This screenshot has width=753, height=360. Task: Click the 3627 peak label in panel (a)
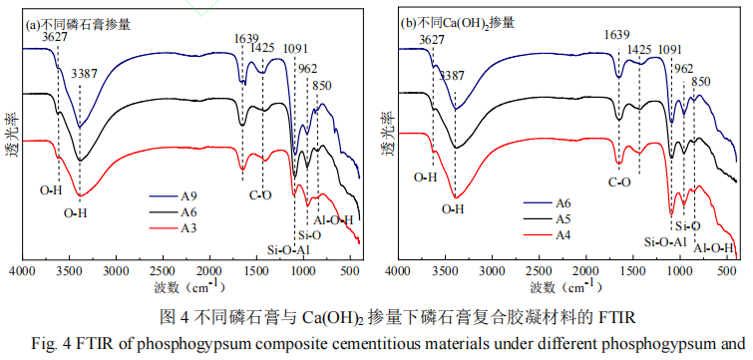[56, 38]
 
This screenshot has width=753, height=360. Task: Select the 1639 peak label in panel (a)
[246, 39]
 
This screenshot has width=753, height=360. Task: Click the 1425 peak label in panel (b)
[639, 49]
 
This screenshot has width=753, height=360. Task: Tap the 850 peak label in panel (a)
[322, 86]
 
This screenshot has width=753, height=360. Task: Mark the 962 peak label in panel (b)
[683, 69]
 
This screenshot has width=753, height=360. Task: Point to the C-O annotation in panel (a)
[261, 195]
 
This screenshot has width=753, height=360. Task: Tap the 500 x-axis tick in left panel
[350, 271]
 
